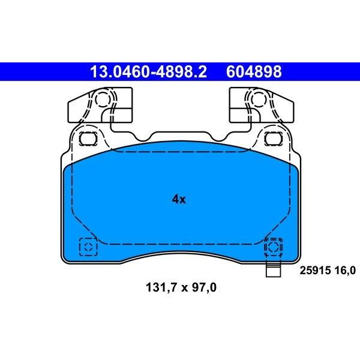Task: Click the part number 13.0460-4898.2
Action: [148, 71]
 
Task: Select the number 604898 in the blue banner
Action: [254, 71]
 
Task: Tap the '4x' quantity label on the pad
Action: [179, 200]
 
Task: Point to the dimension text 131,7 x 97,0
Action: [181, 287]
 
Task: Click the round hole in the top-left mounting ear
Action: [102, 100]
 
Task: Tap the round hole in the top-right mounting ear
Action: [259, 99]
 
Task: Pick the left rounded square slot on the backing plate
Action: [88, 139]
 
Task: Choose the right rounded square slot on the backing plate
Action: [273, 139]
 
